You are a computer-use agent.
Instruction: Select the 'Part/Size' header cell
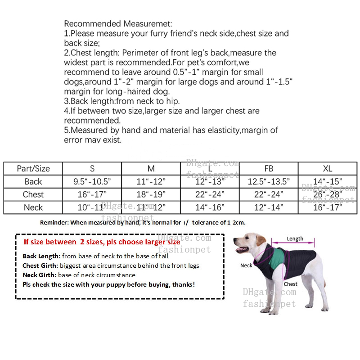(33, 169)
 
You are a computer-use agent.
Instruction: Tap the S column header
(92, 169)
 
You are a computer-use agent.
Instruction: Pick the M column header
(151, 169)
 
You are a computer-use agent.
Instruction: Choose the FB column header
(269, 169)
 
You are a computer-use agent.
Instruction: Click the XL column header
(328, 169)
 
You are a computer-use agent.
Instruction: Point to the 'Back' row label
(33, 182)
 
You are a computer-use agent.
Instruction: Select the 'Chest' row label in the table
(33, 195)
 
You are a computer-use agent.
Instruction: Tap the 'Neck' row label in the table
(33, 207)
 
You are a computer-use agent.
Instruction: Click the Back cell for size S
(92, 182)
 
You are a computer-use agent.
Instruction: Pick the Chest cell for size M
(151, 195)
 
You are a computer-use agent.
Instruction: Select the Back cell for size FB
(269, 182)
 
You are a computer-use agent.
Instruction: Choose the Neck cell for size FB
(269, 207)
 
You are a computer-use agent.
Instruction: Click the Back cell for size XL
(328, 182)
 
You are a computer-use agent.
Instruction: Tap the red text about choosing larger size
(102, 242)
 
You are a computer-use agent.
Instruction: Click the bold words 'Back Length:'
(41, 256)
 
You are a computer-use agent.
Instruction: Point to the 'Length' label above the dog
(295, 239)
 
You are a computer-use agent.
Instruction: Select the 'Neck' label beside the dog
(246, 265)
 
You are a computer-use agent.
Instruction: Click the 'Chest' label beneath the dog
(290, 284)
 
